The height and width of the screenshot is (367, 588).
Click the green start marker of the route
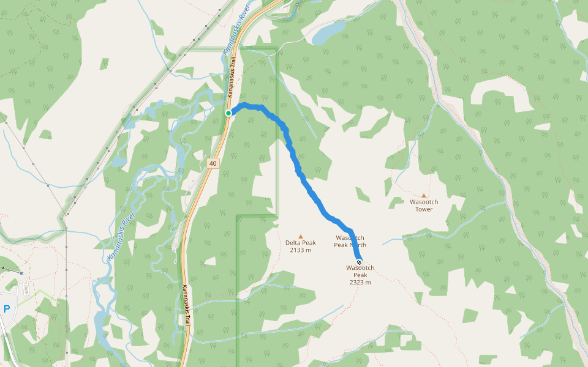point(228,113)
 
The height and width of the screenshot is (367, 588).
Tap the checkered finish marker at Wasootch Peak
point(360,262)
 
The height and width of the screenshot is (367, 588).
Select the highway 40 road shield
point(213,163)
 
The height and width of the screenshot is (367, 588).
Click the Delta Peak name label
point(300,243)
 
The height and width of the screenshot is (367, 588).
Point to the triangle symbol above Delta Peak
point(300,236)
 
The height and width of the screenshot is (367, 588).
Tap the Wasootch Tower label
point(424,205)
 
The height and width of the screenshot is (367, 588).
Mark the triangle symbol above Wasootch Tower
point(424,195)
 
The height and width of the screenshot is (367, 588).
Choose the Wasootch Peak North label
point(350,241)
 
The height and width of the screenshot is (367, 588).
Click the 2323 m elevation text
point(360,283)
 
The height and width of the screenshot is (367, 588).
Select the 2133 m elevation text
point(300,250)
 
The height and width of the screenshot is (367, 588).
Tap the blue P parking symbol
point(7,309)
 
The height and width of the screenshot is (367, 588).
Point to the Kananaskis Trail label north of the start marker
point(233,80)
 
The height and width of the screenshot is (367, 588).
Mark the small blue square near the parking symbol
point(21,273)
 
